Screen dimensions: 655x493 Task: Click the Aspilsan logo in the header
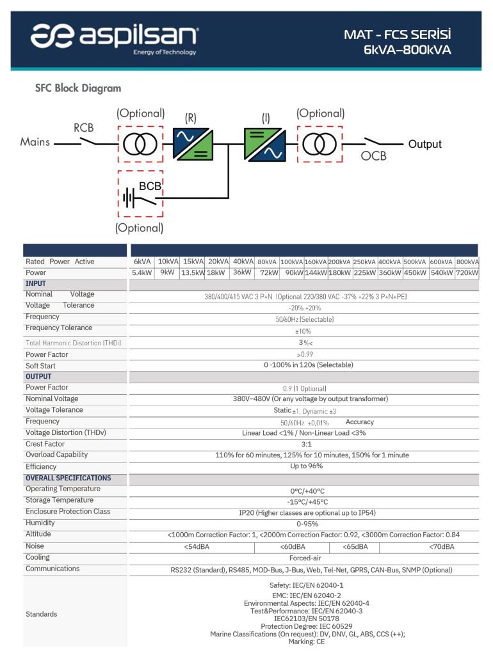click(x=115, y=36)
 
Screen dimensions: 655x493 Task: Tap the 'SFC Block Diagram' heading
click(x=77, y=88)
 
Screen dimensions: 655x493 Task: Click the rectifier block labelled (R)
click(x=194, y=144)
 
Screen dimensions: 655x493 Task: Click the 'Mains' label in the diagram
click(x=35, y=142)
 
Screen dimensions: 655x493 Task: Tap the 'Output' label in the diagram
click(x=424, y=144)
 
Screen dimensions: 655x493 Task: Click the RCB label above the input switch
click(x=83, y=128)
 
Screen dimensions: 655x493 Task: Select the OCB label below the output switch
click(x=373, y=156)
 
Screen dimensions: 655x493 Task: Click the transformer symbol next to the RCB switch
click(x=140, y=145)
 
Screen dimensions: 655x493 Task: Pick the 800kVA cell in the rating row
click(x=467, y=262)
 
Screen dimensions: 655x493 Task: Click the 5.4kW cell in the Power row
click(x=141, y=273)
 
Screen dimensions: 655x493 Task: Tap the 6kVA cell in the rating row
click(x=142, y=262)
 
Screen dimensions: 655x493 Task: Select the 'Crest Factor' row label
click(x=45, y=444)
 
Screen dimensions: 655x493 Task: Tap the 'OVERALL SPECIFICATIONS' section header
click(x=68, y=478)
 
